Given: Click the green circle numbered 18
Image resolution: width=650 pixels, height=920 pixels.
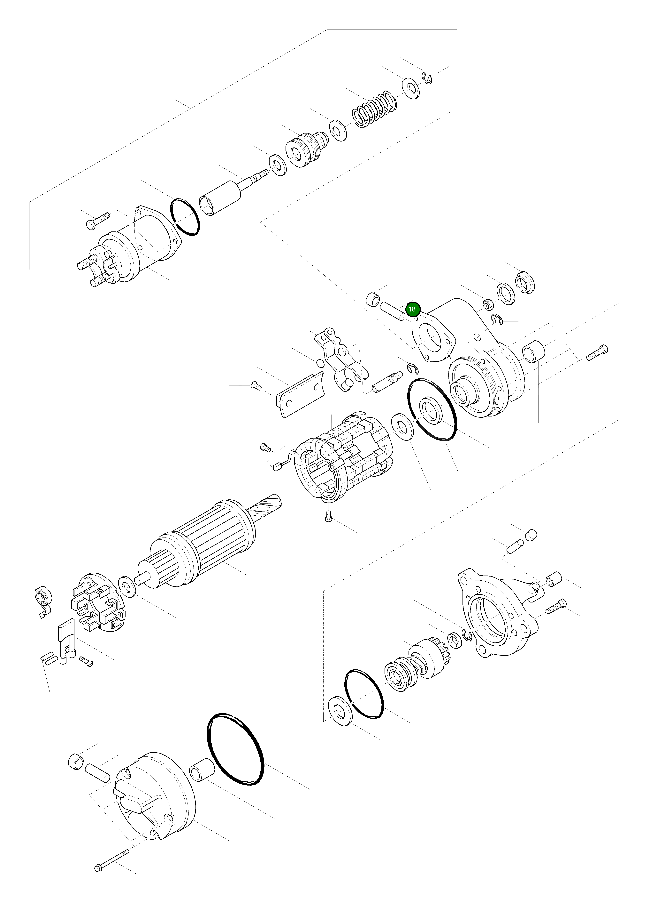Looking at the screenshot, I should pyautogui.click(x=412, y=309).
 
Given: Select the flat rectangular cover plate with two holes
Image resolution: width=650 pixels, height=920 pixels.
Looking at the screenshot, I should pyautogui.click(x=300, y=395).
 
